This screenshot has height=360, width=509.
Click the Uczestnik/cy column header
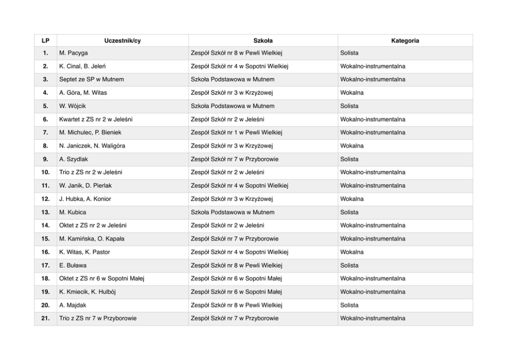pyautogui.click(x=122, y=41)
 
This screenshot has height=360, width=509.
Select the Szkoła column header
pyautogui.click(x=263, y=41)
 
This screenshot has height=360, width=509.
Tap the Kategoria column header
pyautogui.click(x=405, y=41)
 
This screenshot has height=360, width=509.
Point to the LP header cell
pyautogui.click(x=45, y=41)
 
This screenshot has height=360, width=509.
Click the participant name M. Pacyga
pyautogui.click(x=73, y=53)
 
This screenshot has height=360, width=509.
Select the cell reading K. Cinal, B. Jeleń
pyautogui.click(x=83, y=66)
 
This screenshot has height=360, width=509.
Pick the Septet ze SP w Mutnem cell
pyautogui.click(x=91, y=80)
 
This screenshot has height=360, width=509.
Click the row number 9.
pyautogui.click(x=45, y=159)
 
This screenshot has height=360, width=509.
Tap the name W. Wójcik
pyautogui.click(x=72, y=106)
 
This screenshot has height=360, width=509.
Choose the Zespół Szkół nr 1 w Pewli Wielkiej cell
pyautogui.click(x=236, y=132)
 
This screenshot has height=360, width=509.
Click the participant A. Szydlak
pyautogui.click(x=73, y=159)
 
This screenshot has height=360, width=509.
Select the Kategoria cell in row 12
pyautogui.click(x=352, y=199)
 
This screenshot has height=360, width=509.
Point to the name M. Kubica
pyautogui.click(x=73, y=212)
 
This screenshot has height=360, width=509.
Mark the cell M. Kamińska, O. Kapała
pyautogui.click(x=92, y=239)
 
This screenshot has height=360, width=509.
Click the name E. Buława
pyautogui.click(x=73, y=266)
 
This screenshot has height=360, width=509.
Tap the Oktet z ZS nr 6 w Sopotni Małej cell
pyautogui.click(x=102, y=278)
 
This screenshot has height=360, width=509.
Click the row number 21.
pyautogui.click(x=45, y=318)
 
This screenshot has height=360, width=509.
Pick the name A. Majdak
pyautogui.click(x=73, y=305)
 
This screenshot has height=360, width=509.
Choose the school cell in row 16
pyautogui.click(x=239, y=252)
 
